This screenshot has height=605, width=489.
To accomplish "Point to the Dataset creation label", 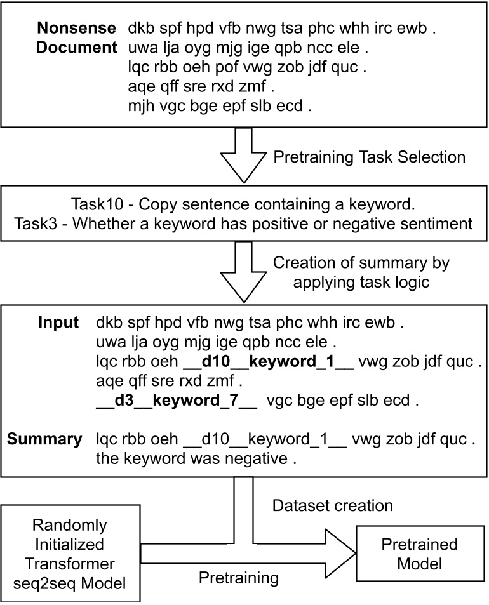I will pyautogui.click(x=323, y=505).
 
